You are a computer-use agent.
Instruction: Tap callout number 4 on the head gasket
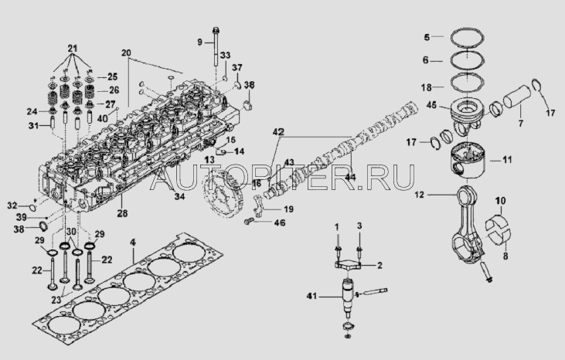coord(132,243)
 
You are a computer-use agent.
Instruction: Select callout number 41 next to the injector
coord(312,297)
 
